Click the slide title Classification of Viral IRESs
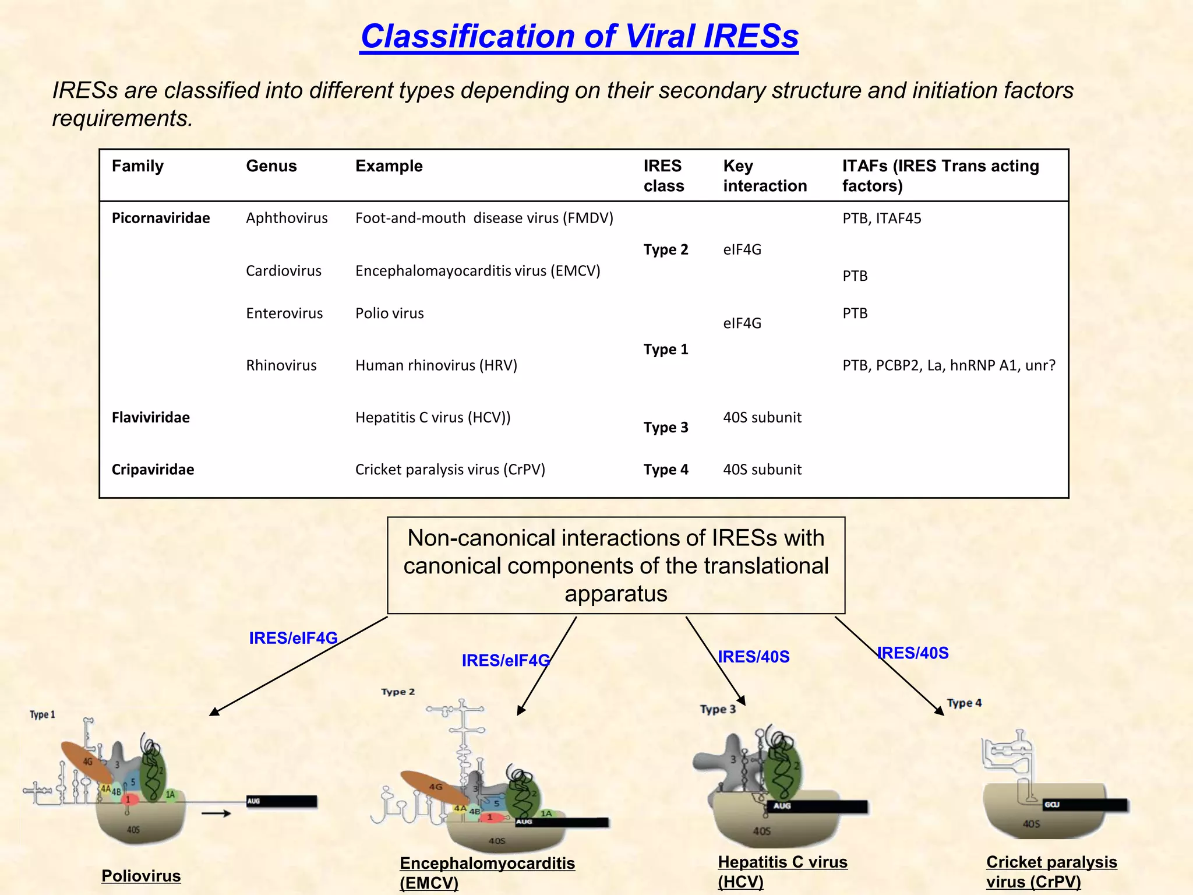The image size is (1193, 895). pyautogui.click(x=580, y=36)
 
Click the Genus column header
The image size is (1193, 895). pyautogui.click(x=271, y=166)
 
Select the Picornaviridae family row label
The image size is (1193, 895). pyautogui.click(x=161, y=218)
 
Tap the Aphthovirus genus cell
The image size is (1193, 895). pyautogui.click(x=287, y=218)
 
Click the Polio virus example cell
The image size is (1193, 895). pyautogui.click(x=389, y=313)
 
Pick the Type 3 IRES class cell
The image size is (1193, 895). pyautogui.click(x=665, y=428)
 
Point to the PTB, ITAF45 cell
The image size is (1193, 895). pyautogui.click(x=881, y=219)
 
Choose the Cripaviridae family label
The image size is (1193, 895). pyautogui.click(x=153, y=470)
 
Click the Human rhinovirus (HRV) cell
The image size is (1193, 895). pyautogui.click(x=436, y=365)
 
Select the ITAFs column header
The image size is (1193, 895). pyautogui.click(x=940, y=175)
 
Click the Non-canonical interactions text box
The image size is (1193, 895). pyautogui.click(x=616, y=565)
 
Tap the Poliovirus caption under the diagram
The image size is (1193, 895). pyautogui.click(x=141, y=876)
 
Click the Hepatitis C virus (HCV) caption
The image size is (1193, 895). pyautogui.click(x=782, y=871)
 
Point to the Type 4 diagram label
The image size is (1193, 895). pyautogui.click(x=964, y=703)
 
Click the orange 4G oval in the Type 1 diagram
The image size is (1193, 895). pyautogui.click(x=87, y=762)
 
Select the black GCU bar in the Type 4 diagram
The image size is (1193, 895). pyautogui.click(x=1085, y=805)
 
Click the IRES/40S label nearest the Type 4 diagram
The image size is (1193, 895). pyautogui.click(x=913, y=653)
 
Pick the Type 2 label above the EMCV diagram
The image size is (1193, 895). pyautogui.click(x=398, y=692)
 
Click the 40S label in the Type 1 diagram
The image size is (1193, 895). pyautogui.click(x=133, y=830)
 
